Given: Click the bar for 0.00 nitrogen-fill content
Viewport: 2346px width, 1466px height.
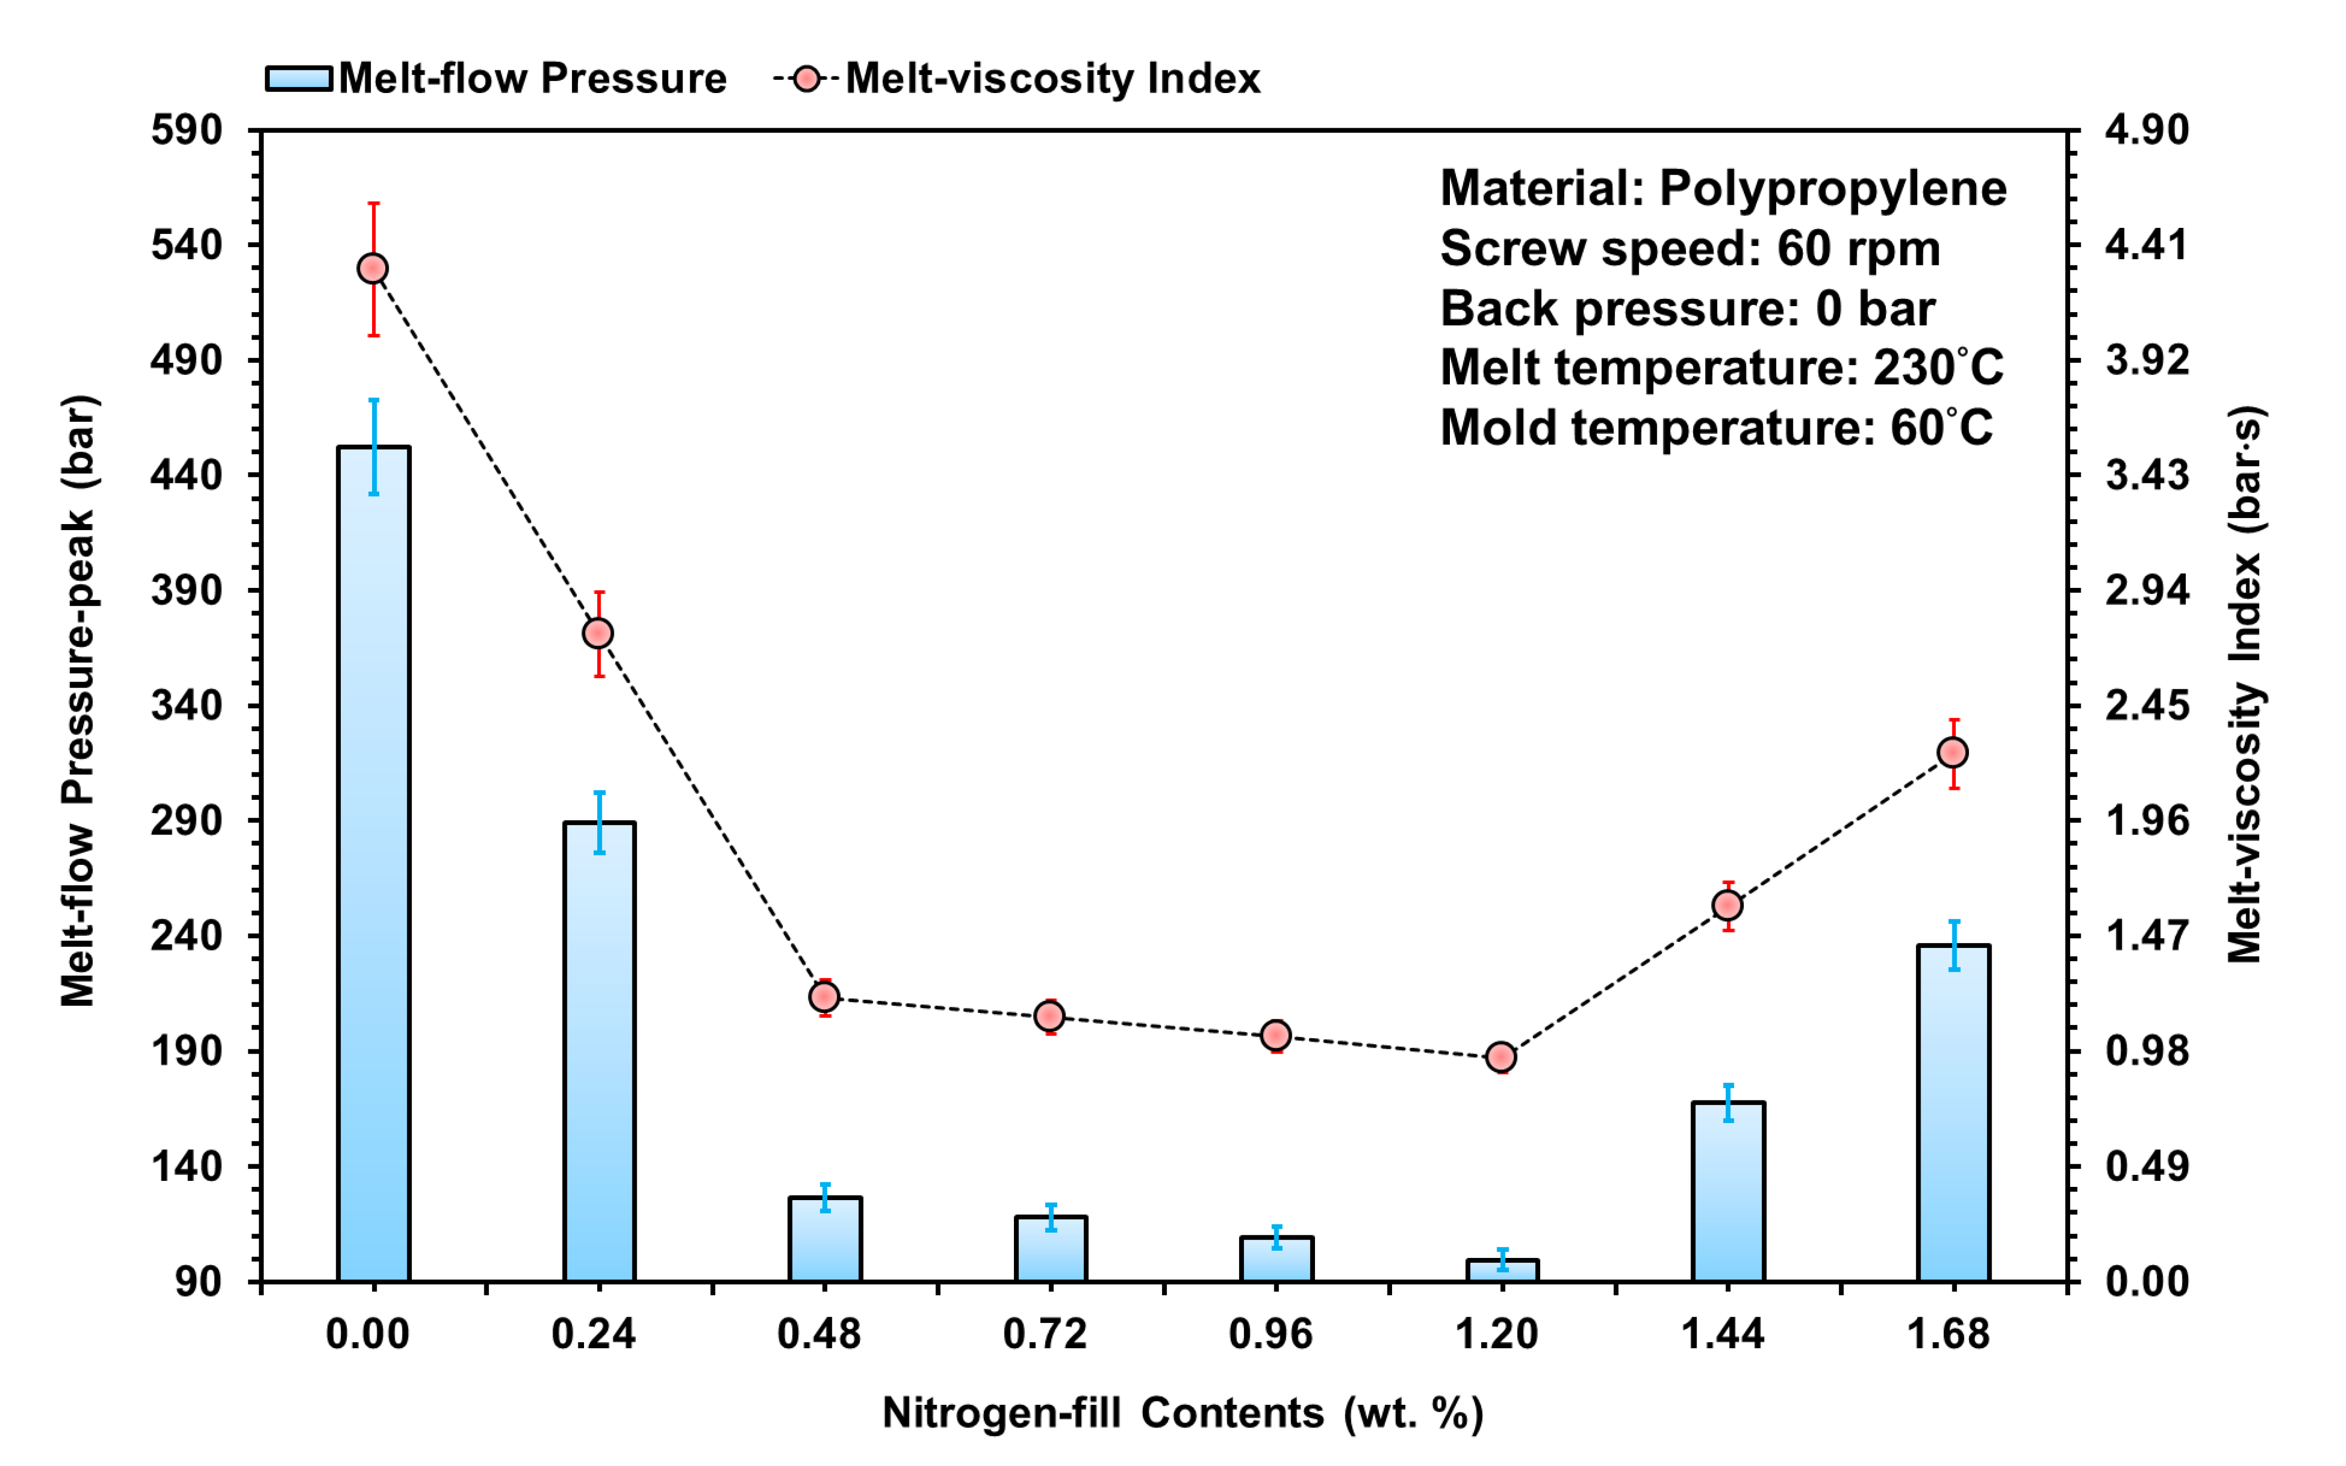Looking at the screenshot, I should (373, 863).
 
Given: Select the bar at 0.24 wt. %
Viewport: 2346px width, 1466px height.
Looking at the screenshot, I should (599, 1052).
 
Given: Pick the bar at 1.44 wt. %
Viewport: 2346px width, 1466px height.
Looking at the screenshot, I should (1727, 1192).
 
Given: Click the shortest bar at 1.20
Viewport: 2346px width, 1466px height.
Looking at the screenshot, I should (1502, 1270).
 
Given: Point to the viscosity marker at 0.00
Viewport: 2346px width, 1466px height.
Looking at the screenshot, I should (373, 269).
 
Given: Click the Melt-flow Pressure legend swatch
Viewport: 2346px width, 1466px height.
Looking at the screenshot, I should (299, 79).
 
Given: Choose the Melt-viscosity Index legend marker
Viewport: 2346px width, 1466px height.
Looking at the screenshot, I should (806, 79).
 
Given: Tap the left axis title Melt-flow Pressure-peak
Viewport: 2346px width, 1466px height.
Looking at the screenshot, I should (79, 700).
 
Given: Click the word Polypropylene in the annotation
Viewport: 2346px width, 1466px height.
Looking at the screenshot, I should (1832, 188).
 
